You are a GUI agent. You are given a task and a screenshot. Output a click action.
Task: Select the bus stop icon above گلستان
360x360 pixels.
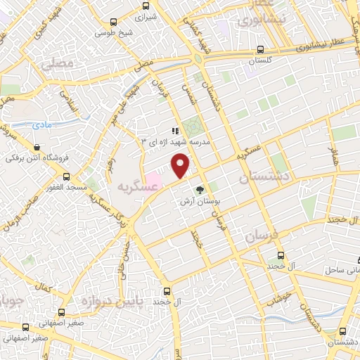(261, 50)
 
